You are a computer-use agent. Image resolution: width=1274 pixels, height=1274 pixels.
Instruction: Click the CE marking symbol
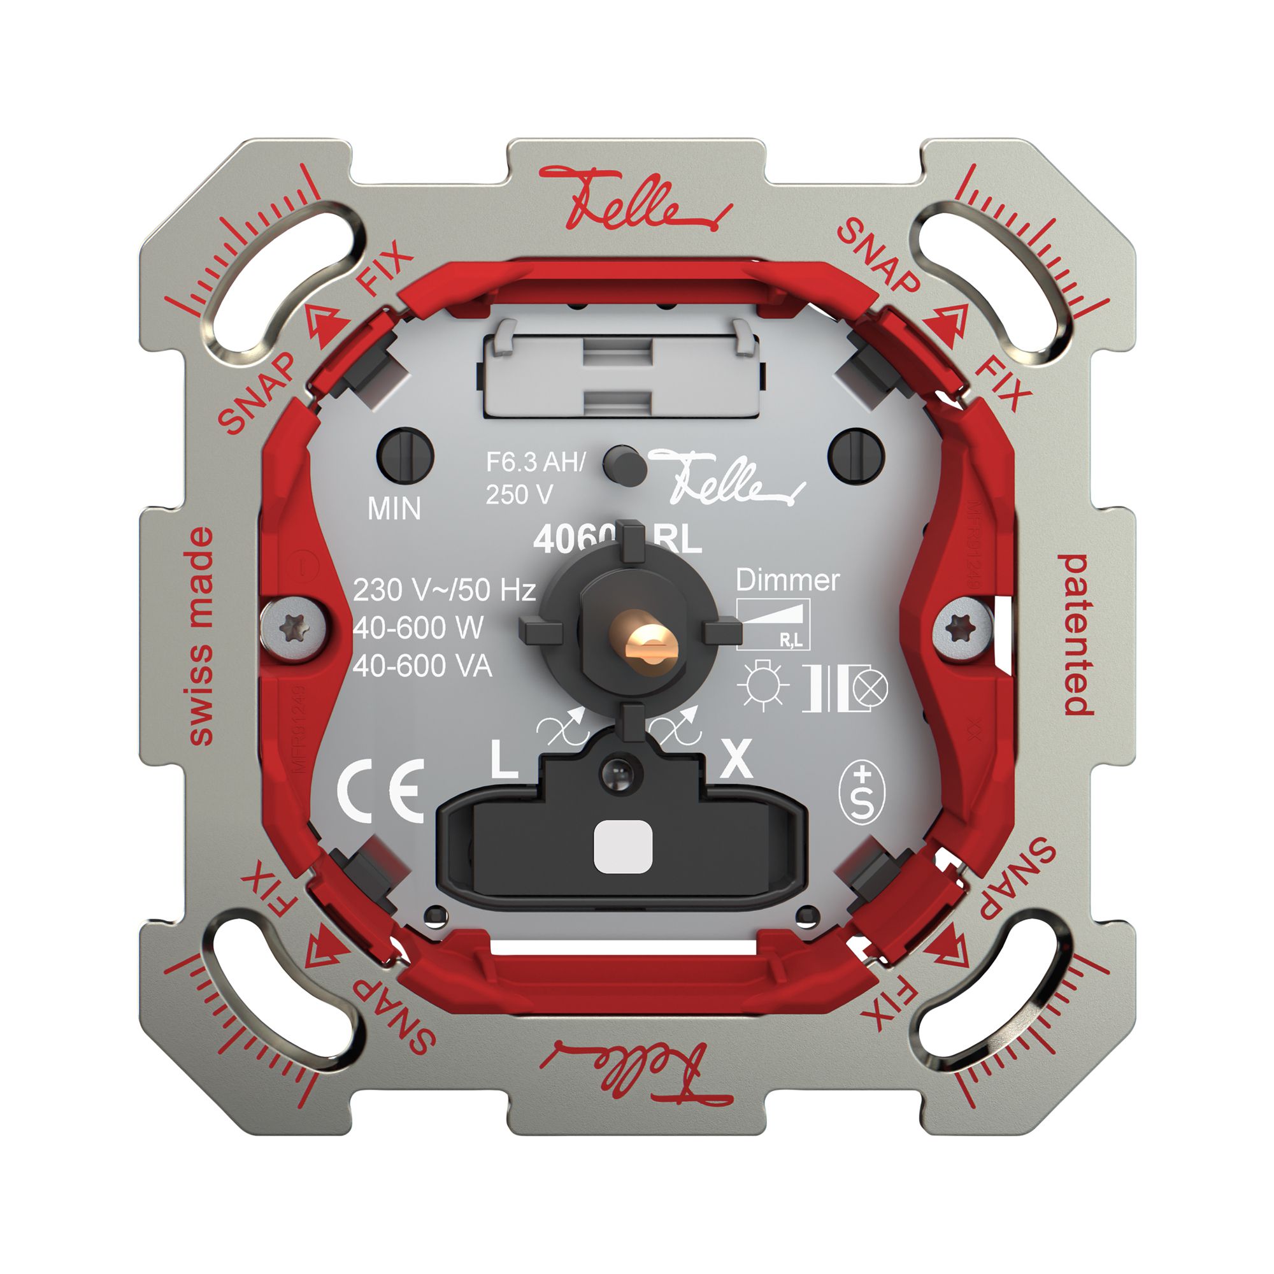click(380, 791)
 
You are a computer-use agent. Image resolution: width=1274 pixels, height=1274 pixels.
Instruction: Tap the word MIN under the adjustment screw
click(394, 508)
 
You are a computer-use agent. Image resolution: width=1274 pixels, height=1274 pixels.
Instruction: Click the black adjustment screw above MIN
click(404, 455)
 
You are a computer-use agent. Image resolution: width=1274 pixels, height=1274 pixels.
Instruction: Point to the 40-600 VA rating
click(422, 667)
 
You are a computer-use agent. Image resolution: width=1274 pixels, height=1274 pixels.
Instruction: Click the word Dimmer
click(787, 580)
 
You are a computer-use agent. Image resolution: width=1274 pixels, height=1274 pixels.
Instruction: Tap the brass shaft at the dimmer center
click(645, 639)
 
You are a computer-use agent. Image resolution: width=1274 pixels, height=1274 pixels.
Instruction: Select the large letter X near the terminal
click(736, 760)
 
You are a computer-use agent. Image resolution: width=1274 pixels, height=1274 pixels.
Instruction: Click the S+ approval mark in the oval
click(861, 793)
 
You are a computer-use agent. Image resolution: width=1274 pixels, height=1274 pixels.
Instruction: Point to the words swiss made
click(201, 636)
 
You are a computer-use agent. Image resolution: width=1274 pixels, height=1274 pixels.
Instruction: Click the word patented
click(1074, 634)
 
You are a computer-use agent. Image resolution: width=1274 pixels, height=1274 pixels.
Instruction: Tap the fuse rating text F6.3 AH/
click(536, 462)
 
